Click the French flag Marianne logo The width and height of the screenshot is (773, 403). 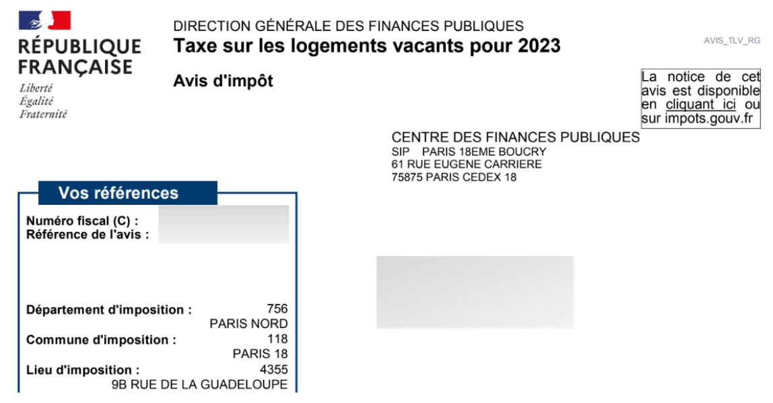(x=45, y=21)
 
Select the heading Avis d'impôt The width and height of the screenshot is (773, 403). (x=223, y=82)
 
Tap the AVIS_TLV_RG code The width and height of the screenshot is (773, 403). (x=732, y=40)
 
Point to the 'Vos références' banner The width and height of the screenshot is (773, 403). (x=119, y=193)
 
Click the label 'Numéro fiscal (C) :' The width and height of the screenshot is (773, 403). (x=82, y=221)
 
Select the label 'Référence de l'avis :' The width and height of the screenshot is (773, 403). (x=88, y=235)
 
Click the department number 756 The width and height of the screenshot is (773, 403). (x=277, y=309)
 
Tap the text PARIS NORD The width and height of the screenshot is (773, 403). (x=248, y=323)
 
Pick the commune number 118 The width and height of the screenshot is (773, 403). (x=277, y=338)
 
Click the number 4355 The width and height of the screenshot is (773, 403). (x=274, y=369)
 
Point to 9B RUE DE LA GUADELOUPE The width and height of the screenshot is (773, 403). (x=199, y=384)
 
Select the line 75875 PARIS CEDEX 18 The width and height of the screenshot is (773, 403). (x=454, y=177)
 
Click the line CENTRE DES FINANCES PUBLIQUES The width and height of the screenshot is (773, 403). (x=515, y=137)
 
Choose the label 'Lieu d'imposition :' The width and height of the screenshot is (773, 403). (x=83, y=370)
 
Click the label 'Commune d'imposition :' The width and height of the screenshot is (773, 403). (x=101, y=340)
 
